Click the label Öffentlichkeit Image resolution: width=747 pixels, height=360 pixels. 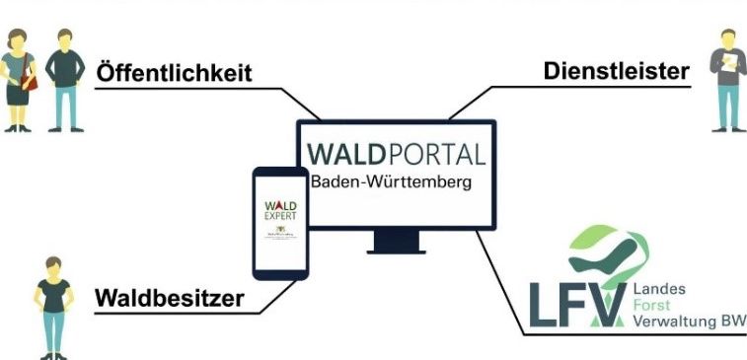[174, 74]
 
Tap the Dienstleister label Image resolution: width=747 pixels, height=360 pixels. [616, 72]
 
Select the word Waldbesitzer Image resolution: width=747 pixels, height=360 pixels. [169, 298]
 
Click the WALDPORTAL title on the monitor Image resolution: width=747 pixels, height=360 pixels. [396, 156]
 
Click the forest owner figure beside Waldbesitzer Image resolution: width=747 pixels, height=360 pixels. [52, 306]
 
